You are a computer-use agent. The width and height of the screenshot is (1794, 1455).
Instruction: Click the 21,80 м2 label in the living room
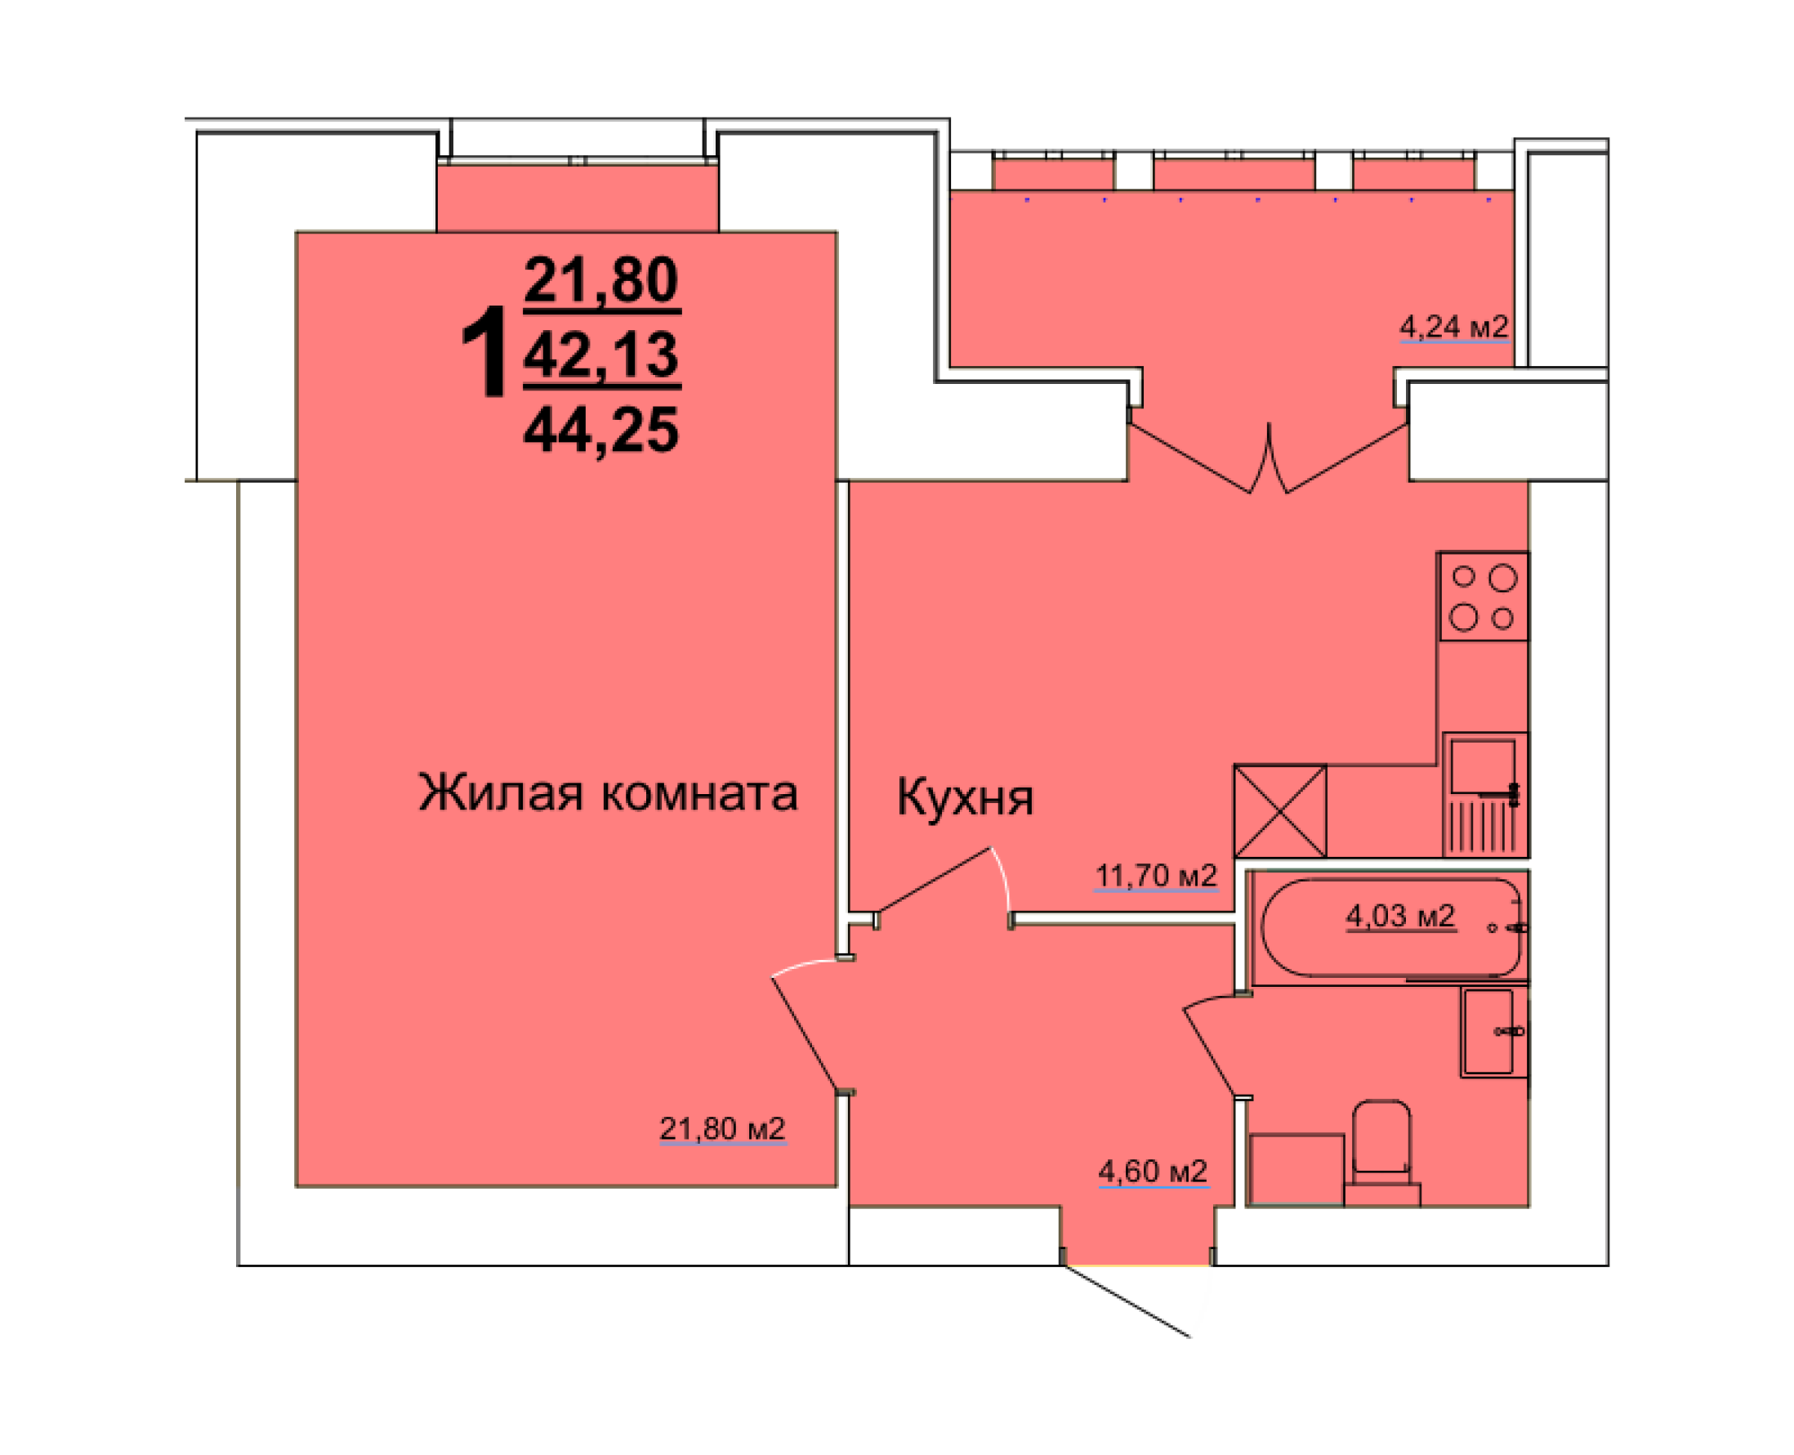722,1128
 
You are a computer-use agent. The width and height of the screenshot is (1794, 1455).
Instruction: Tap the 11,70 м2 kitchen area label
1155,875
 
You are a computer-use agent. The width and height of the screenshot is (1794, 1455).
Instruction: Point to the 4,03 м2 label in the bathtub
1400,915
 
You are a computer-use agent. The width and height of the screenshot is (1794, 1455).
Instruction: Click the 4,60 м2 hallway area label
1152,1171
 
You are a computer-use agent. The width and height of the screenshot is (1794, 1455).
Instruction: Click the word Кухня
965,797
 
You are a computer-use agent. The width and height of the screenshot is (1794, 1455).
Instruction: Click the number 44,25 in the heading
600,430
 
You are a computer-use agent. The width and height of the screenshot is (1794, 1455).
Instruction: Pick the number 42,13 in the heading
600,355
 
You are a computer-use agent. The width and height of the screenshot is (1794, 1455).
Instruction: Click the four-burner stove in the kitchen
1483,596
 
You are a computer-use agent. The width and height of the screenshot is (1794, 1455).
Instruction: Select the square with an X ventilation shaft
1279,810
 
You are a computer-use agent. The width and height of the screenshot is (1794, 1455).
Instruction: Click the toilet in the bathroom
1381,1149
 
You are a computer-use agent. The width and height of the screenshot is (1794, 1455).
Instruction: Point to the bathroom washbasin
1493,1032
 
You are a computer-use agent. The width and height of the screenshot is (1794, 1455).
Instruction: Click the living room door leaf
803,1032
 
